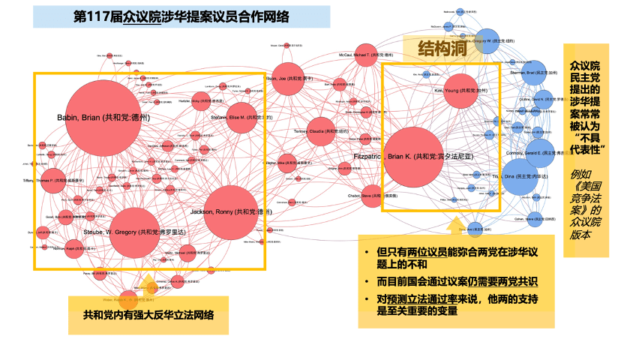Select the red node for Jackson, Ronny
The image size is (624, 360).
coord(230,212)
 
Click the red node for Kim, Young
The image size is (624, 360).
coord(455,90)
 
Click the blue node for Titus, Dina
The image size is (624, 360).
coord(524,176)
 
